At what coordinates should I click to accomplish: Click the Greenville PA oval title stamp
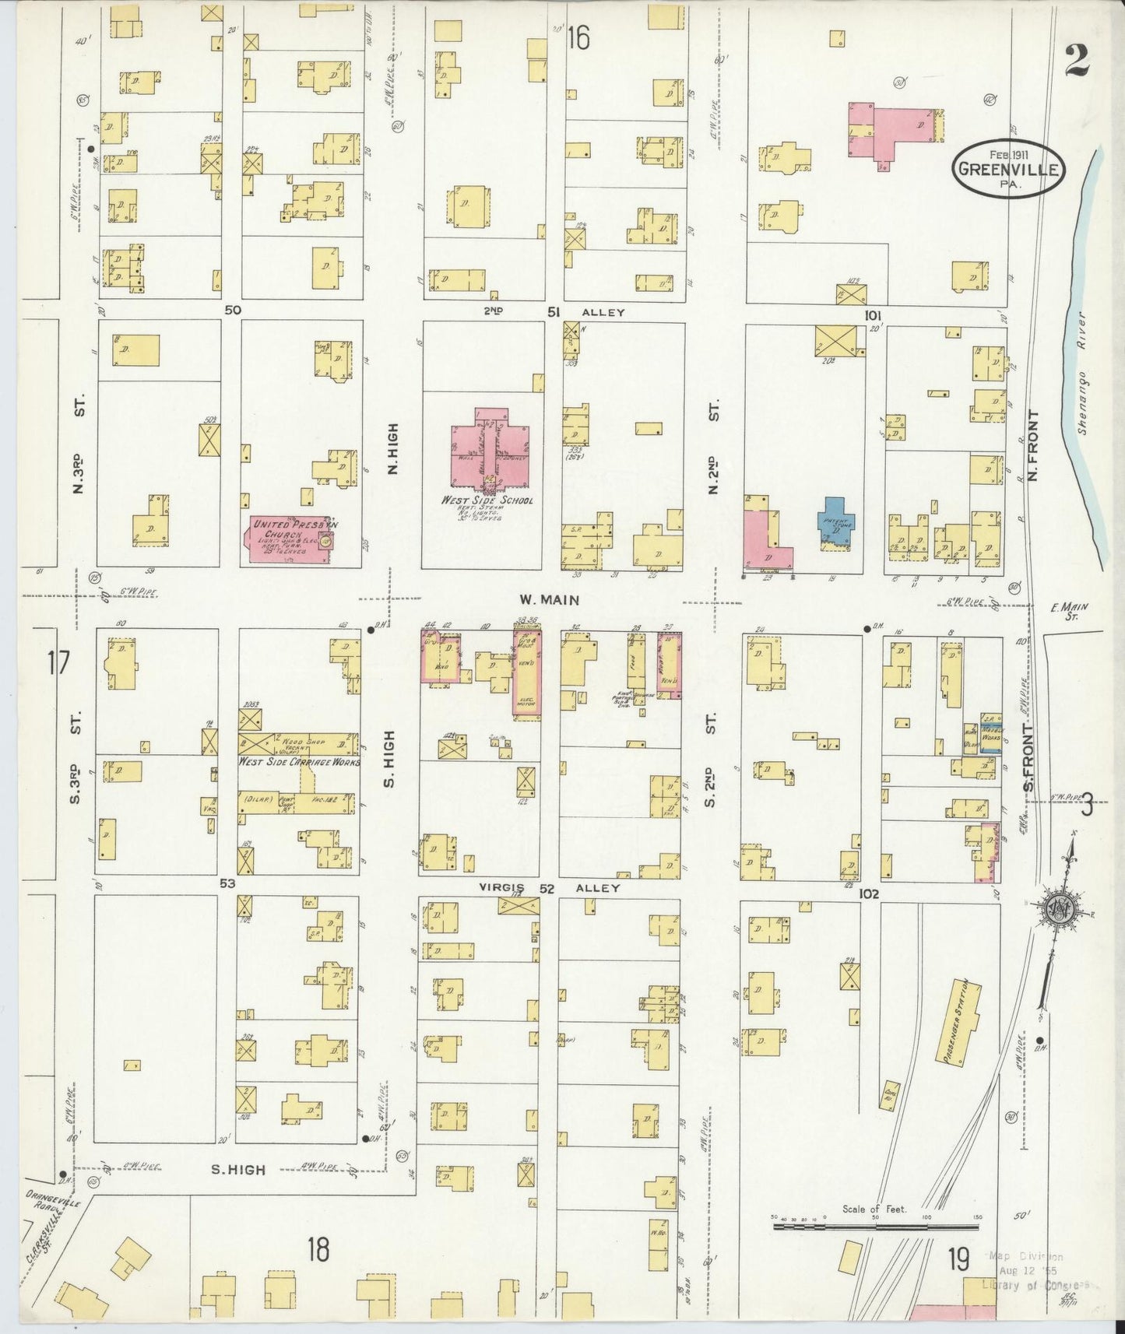coord(1007,168)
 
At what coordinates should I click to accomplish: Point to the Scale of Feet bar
coord(874,1226)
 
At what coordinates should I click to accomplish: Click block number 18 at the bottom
coord(318,1251)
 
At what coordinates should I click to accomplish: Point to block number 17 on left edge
coord(58,665)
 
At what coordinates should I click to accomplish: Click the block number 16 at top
coord(578,37)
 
